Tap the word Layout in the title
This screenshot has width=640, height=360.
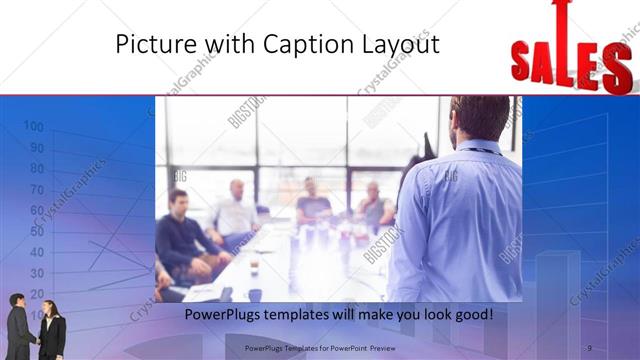pos(400,44)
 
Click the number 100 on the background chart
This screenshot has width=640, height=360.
pos(33,126)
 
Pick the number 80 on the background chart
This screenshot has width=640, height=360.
pos(37,168)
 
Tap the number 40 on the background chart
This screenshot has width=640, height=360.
pos(37,252)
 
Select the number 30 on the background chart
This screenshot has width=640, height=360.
pos(37,273)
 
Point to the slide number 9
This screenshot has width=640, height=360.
pos(589,347)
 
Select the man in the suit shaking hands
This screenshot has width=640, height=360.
pos(20,326)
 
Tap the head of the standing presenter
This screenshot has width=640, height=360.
pos(470,118)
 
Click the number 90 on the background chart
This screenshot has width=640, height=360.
pos(37,147)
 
